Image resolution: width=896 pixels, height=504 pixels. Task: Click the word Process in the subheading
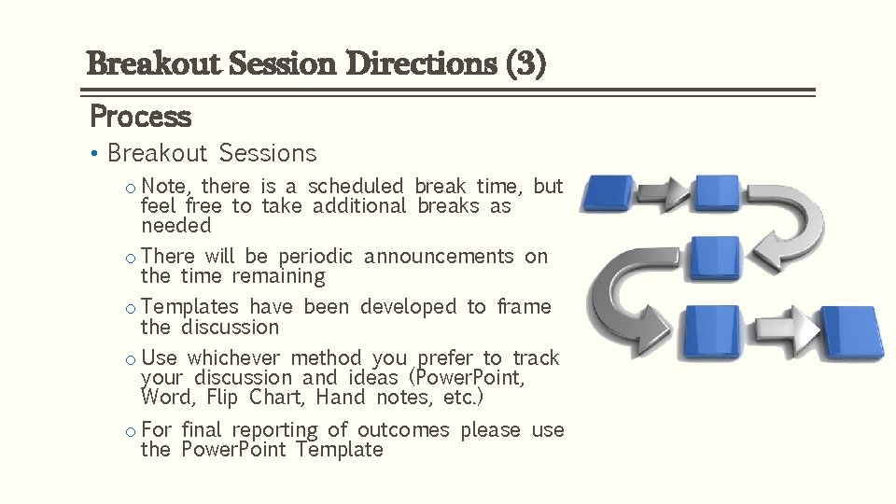[x=140, y=117]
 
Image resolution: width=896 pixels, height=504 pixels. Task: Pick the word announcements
[x=439, y=257]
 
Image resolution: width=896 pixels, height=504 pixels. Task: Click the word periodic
[x=315, y=257]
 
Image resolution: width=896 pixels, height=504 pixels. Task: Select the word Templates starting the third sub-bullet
[x=190, y=307]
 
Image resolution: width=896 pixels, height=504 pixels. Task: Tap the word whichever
[x=233, y=358]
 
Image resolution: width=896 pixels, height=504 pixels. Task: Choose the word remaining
[x=278, y=277]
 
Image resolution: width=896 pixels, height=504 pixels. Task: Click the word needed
[x=176, y=227]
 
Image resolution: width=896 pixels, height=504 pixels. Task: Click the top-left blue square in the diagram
[x=608, y=193]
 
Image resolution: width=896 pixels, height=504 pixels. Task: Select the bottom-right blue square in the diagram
[x=850, y=331]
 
